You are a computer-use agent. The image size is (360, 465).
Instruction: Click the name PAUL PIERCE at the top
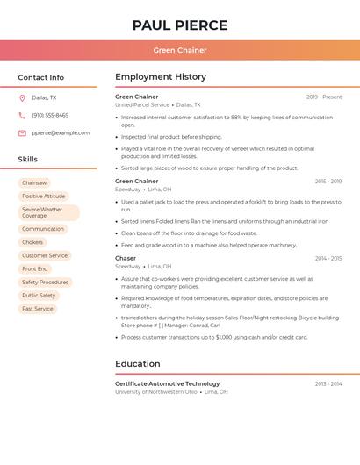(x=180, y=25)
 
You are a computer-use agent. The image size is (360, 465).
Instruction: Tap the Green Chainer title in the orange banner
(x=180, y=51)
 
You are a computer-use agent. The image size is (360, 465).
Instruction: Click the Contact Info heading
(x=41, y=77)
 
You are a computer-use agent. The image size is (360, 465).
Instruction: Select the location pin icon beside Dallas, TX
(x=22, y=98)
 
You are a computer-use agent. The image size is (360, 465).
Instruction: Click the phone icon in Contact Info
(x=22, y=116)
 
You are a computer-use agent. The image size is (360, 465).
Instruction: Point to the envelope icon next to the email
(x=22, y=133)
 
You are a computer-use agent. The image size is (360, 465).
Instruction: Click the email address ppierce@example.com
(x=61, y=133)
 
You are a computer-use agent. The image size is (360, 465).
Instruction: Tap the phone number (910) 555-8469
(x=50, y=116)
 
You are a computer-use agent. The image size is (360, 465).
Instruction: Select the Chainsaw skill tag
(x=34, y=182)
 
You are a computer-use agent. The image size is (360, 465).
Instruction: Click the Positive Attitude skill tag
(x=44, y=197)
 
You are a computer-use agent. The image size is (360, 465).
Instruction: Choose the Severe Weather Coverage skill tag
(x=48, y=213)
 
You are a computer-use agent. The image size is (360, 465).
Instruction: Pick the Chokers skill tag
(x=32, y=242)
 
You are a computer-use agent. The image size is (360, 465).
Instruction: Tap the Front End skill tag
(x=35, y=268)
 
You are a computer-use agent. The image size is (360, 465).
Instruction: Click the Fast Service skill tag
(x=38, y=309)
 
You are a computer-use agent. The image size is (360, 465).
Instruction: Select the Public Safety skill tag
(x=39, y=296)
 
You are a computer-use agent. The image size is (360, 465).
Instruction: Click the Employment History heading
(x=161, y=77)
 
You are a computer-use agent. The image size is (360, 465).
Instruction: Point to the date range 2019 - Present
(x=324, y=97)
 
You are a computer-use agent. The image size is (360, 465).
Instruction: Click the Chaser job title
(x=126, y=259)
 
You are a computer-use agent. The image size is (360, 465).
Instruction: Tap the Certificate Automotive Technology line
(x=168, y=383)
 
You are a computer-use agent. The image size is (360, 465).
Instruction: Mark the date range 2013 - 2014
(x=328, y=384)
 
